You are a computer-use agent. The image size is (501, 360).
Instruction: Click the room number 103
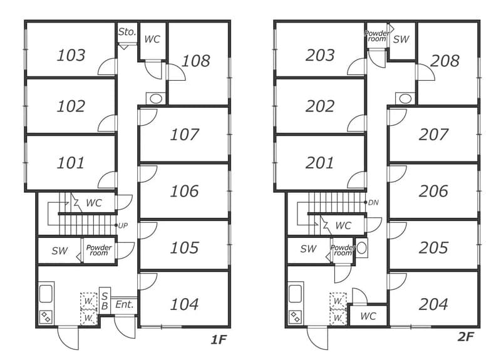click(x=71, y=55)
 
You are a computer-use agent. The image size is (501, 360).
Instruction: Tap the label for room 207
click(x=433, y=135)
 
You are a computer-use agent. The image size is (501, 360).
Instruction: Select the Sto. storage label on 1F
click(x=127, y=32)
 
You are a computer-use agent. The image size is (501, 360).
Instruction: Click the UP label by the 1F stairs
click(x=123, y=225)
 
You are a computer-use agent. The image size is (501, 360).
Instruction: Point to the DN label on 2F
click(x=373, y=202)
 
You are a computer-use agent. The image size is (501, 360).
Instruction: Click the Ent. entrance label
click(x=124, y=304)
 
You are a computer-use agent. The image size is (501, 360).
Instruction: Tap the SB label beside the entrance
click(x=105, y=301)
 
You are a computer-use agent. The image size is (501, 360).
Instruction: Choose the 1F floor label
click(x=219, y=340)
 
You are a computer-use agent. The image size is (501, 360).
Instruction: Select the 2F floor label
click(x=465, y=337)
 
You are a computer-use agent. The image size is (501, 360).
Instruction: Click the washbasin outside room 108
click(x=156, y=98)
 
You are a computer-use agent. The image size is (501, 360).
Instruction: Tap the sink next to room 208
click(x=405, y=98)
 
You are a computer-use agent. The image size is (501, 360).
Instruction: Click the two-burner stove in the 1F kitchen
click(x=46, y=317)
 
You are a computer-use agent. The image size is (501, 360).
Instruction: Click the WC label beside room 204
click(x=368, y=316)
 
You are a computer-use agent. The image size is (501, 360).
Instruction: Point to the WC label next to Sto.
click(x=152, y=39)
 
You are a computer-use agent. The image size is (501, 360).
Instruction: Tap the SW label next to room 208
click(x=401, y=39)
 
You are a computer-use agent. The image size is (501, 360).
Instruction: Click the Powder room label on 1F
click(x=99, y=250)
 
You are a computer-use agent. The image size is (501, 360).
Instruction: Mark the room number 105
click(x=184, y=248)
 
